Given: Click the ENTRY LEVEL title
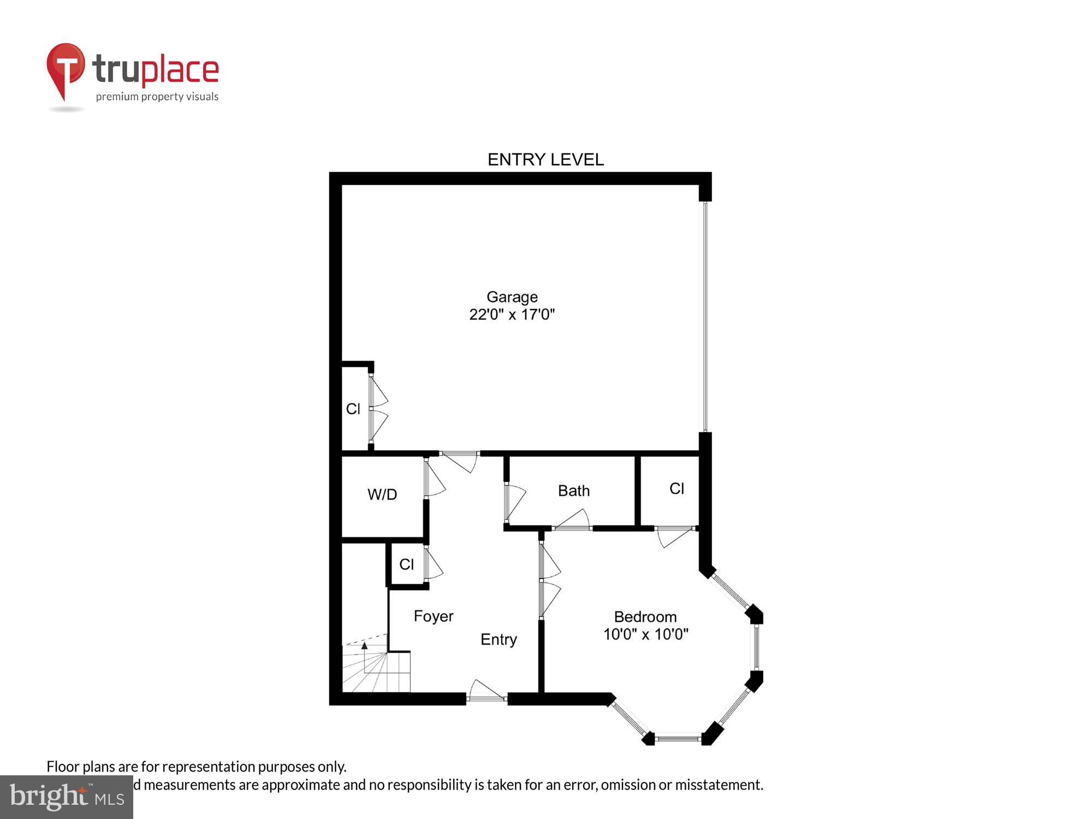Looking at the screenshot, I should point(545,159).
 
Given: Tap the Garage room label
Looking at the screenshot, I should point(512,297).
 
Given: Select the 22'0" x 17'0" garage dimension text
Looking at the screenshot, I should point(512,314).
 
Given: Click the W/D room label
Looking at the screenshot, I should point(382,495).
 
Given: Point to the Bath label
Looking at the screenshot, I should point(574,491).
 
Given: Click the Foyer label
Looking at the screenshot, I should point(434,616).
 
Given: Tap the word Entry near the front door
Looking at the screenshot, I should point(498,639).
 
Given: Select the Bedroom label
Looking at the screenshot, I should point(645,617).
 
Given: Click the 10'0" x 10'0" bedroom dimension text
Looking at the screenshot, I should point(645,634).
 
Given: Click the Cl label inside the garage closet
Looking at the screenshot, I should point(353,409).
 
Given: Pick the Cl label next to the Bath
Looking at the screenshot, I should point(676,489).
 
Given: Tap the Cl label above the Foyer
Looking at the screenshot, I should point(406,565).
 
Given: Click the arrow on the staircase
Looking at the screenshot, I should point(365,646).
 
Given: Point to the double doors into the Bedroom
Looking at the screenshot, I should point(548,581).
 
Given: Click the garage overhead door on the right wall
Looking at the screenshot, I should point(705,317).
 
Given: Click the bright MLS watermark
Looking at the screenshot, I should point(67,797).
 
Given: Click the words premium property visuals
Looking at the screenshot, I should point(157,97).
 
